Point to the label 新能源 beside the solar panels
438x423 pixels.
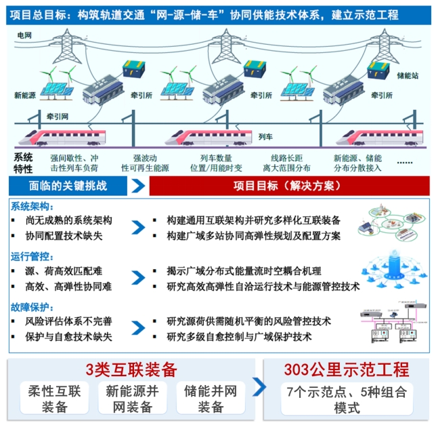click(26, 96)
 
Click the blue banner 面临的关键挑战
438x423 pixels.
click(68, 185)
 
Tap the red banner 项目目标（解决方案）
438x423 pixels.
click(290, 185)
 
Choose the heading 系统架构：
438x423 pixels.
click(32, 205)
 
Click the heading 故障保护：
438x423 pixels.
click(32, 306)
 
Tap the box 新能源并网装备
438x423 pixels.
click(131, 399)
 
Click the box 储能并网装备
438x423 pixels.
click(211, 399)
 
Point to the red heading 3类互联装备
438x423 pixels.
click(131, 369)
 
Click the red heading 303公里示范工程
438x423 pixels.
click(346, 369)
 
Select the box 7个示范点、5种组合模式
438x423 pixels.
click(346, 400)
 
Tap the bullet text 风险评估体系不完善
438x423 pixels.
click(74, 321)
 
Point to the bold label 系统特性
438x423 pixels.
click(23, 162)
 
